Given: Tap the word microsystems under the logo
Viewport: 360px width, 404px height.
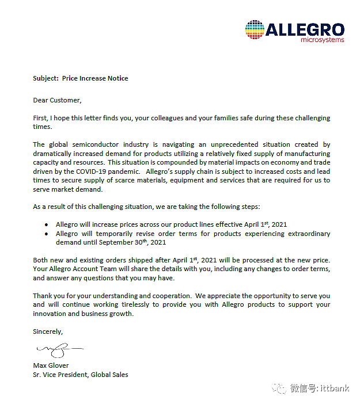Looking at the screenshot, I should (x=322, y=40).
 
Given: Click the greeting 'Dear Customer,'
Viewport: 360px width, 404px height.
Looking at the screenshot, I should (x=57, y=100).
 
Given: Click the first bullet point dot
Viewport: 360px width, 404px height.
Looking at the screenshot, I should (x=47, y=225).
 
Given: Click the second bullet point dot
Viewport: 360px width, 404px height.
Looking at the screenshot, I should (x=47, y=234).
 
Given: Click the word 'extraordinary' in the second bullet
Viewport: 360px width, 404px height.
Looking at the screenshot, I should (x=308, y=234).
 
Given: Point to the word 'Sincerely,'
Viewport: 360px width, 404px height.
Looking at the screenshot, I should (x=48, y=331).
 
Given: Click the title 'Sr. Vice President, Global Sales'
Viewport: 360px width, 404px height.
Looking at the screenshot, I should (x=81, y=375).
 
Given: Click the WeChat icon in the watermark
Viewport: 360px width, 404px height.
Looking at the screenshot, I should (x=280, y=388).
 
